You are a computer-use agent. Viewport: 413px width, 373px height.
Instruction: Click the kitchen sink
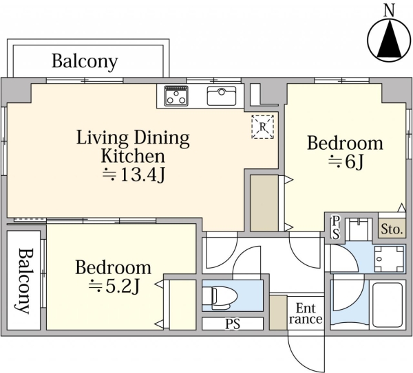point(222,95)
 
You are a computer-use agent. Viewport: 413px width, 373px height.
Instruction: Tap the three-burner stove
point(176,95)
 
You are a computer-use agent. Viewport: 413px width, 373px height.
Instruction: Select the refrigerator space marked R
point(263,126)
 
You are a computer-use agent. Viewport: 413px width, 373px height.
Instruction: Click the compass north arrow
point(389,40)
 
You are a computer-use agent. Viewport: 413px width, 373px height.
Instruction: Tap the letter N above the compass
point(389,11)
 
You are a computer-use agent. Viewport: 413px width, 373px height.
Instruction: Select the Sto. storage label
point(392,229)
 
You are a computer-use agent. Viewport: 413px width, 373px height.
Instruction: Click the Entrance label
point(306,314)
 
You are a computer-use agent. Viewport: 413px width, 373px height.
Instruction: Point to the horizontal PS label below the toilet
point(233,324)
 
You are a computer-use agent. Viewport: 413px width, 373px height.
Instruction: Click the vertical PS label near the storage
point(336,227)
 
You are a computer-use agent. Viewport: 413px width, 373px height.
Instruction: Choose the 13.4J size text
point(134,174)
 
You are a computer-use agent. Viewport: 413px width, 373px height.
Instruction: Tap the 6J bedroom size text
point(346,161)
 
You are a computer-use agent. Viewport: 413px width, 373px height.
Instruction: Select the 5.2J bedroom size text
point(114,286)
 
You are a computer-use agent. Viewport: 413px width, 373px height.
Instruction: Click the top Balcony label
point(85,62)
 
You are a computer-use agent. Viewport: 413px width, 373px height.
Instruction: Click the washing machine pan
point(390,259)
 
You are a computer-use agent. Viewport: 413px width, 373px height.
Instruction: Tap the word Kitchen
point(133,156)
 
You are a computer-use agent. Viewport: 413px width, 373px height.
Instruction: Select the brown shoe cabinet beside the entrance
point(278,313)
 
